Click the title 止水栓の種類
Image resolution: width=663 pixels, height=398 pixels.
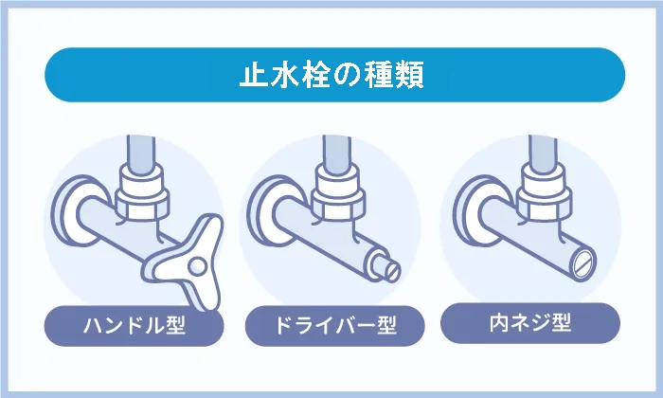click(331, 75)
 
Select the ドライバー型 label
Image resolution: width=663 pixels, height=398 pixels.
click(332, 327)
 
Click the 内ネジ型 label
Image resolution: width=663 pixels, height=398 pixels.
click(530, 324)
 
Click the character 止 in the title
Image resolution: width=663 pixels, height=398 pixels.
click(250, 75)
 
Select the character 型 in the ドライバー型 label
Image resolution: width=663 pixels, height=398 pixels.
click(383, 327)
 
